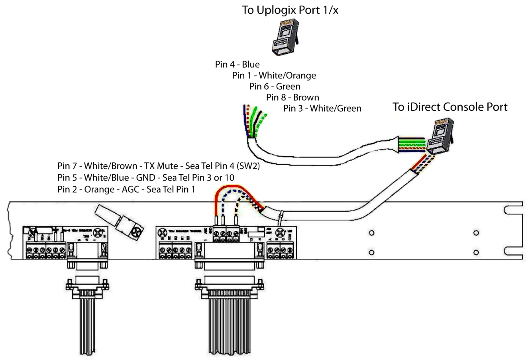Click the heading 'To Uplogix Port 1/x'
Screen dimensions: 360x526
point(290,11)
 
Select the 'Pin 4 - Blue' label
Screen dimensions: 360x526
point(237,65)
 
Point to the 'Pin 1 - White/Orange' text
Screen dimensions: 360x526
point(274,75)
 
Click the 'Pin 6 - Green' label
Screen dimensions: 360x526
point(275,86)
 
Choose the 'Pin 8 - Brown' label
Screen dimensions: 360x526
point(292,97)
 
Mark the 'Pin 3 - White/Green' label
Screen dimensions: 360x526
point(322,108)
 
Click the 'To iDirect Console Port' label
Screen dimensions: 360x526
point(450,107)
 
